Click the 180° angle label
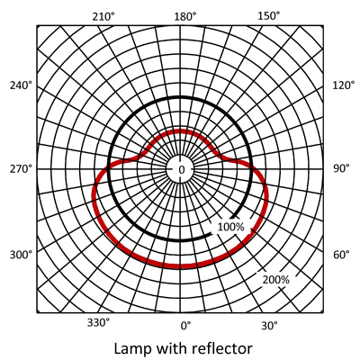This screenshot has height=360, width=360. point(185,17)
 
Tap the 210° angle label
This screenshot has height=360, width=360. point(103,17)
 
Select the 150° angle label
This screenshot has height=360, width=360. point(269,16)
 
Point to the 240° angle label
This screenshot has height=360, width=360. point(21,85)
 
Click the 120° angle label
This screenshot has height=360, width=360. point(344,85)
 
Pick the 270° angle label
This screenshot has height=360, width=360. point(21,169)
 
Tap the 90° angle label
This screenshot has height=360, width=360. point(341,168)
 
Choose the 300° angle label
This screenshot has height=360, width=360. point(21,256)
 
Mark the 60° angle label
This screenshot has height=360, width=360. point(341,255)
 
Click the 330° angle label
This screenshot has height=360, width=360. point(99,323)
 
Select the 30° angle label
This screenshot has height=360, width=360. point(269,326)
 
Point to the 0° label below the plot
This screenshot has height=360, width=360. point(185,326)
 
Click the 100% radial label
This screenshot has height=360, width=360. point(230,227)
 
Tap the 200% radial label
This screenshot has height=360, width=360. point(276,280)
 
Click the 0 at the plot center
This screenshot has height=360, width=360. point(182,170)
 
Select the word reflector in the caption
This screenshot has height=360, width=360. point(222,348)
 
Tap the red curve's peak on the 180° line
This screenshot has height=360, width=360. point(180,131)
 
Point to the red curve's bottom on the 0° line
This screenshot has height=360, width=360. point(180,266)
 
